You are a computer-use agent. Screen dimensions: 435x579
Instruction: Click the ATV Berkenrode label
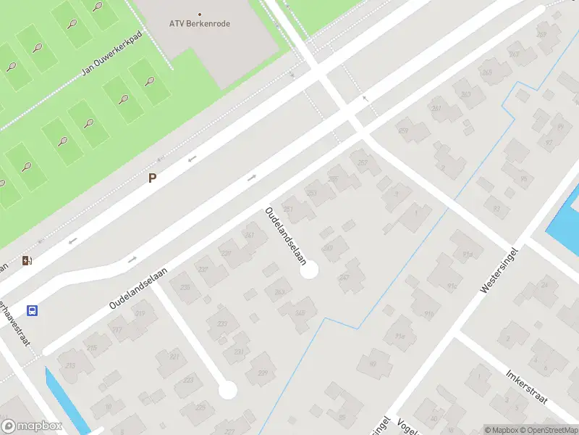point(199,22)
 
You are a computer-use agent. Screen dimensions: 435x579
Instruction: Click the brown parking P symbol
point(152,178)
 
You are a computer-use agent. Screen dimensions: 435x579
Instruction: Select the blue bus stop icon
point(32,310)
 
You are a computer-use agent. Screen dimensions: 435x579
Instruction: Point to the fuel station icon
point(27,261)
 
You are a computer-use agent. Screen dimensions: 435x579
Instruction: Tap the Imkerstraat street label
point(526,386)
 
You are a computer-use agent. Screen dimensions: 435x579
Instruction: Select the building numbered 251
point(289,210)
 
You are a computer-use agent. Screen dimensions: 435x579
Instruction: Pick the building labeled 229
point(262,373)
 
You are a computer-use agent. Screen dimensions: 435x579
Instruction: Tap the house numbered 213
point(71,365)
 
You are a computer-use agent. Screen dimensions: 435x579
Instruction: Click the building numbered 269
point(515,54)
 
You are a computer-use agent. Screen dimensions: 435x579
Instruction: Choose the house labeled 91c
point(452,285)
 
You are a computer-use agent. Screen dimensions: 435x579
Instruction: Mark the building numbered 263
point(466,95)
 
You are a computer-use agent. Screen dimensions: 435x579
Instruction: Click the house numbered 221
point(174,357)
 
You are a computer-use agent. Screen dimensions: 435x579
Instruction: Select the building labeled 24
point(544,283)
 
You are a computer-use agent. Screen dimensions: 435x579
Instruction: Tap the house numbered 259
point(403,130)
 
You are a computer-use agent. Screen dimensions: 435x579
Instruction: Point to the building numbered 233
point(222,324)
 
